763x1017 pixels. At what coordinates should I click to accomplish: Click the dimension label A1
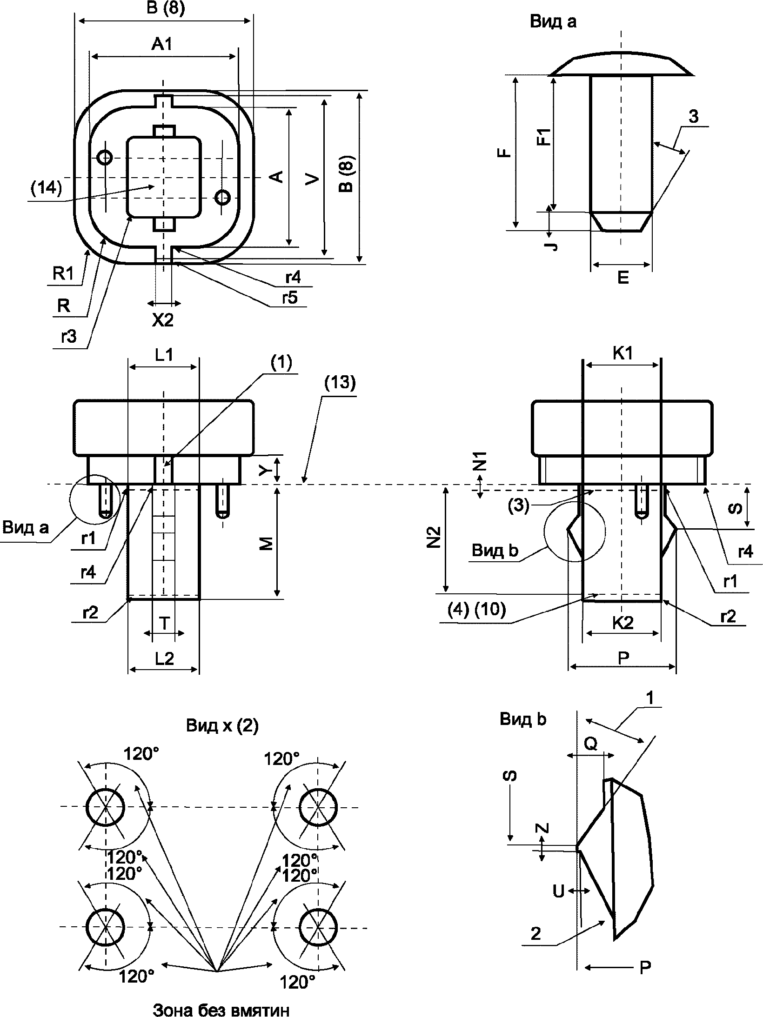click(162, 45)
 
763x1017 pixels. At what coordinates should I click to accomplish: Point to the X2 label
click(163, 320)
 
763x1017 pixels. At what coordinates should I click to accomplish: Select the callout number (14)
click(46, 188)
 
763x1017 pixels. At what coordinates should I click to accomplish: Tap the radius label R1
click(63, 274)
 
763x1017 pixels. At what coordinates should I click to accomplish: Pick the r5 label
click(290, 298)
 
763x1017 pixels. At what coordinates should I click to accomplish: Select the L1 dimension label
click(164, 355)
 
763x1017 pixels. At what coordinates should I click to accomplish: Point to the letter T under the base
click(164, 624)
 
